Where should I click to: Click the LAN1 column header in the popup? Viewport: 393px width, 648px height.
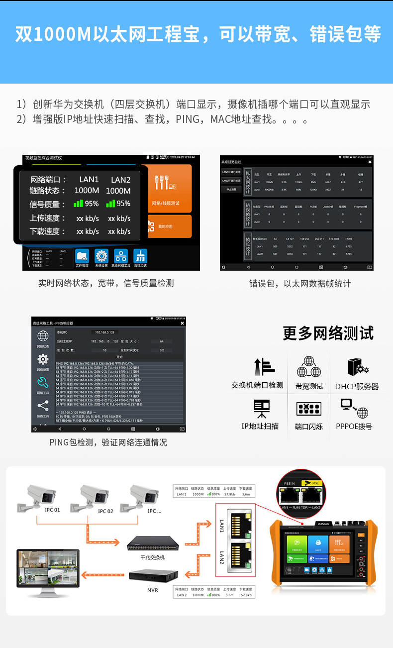point(89,180)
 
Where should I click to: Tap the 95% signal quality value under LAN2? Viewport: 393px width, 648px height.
point(118,204)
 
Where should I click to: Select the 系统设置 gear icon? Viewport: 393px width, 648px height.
point(101,256)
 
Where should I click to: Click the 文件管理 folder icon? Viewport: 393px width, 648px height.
point(82,256)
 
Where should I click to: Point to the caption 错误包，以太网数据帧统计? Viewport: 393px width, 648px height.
point(300,283)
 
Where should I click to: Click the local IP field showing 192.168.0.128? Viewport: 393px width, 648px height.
point(105,332)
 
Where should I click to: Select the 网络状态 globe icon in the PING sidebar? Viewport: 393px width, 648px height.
point(43,336)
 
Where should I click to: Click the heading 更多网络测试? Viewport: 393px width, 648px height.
point(328,333)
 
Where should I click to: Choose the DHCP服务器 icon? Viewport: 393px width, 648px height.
point(357,368)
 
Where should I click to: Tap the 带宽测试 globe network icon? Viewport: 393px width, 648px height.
point(309,367)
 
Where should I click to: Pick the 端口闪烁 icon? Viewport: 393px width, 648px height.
point(309,409)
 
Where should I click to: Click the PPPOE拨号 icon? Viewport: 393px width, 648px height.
point(354,409)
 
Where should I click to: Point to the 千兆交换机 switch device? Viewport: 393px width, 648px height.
point(152,544)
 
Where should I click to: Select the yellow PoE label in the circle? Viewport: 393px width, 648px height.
point(314,483)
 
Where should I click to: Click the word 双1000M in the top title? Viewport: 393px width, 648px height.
point(52,34)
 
